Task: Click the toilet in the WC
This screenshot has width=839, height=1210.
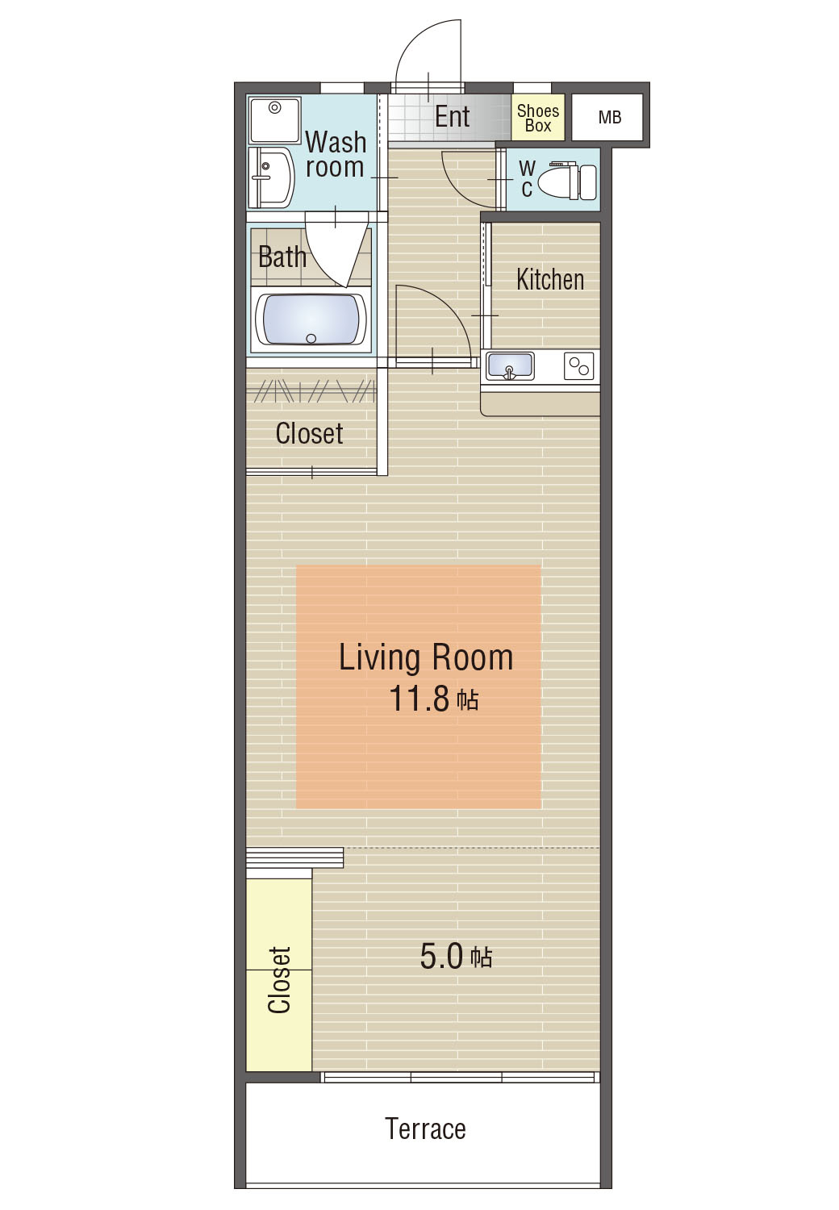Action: click(x=567, y=180)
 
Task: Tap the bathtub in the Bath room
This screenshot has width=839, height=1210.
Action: click(x=311, y=319)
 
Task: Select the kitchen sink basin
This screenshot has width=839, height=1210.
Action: click(x=510, y=365)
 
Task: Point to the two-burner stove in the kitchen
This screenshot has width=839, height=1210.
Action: click(x=578, y=365)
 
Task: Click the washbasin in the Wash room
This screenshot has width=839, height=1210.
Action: click(x=271, y=177)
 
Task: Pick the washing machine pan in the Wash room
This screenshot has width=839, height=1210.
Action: click(x=274, y=120)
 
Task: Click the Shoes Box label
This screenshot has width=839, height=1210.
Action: click(x=538, y=119)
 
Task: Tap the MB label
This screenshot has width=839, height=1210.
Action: click(x=609, y=117)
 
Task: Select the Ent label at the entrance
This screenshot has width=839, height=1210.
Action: click(x=453, y=117)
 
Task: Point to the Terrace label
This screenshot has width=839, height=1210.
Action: click(x=425, y=1129)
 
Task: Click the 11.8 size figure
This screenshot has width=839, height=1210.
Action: click(x=419, y=699)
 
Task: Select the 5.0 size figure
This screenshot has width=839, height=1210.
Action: click(x=441, y=956)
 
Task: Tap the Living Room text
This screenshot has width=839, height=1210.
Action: click(x=426, y=657)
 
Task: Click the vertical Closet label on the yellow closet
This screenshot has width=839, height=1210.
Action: click(x=279, y=979)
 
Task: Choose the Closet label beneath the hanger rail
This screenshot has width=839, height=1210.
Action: click(x=309, y=433)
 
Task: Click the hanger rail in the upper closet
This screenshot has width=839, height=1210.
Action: click(x=311, y=391)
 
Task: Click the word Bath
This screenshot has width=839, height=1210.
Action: click(x=282, y=257)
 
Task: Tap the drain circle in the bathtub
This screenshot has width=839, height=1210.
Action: click(x=311, y=339)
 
